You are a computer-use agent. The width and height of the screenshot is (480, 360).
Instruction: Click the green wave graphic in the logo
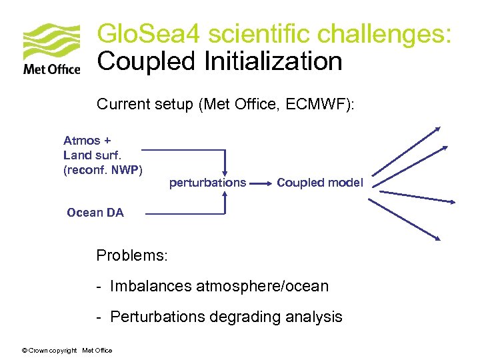tap(52, 42)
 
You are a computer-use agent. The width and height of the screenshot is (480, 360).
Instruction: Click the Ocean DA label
tap(95, 213)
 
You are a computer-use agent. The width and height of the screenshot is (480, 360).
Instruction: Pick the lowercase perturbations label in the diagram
tap(207, 182)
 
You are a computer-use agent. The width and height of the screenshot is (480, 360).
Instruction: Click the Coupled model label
tap(320, 182)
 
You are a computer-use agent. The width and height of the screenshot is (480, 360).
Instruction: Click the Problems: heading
tap(133, 255)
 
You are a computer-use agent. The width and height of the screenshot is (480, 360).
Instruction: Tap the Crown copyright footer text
tap(67, 350)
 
